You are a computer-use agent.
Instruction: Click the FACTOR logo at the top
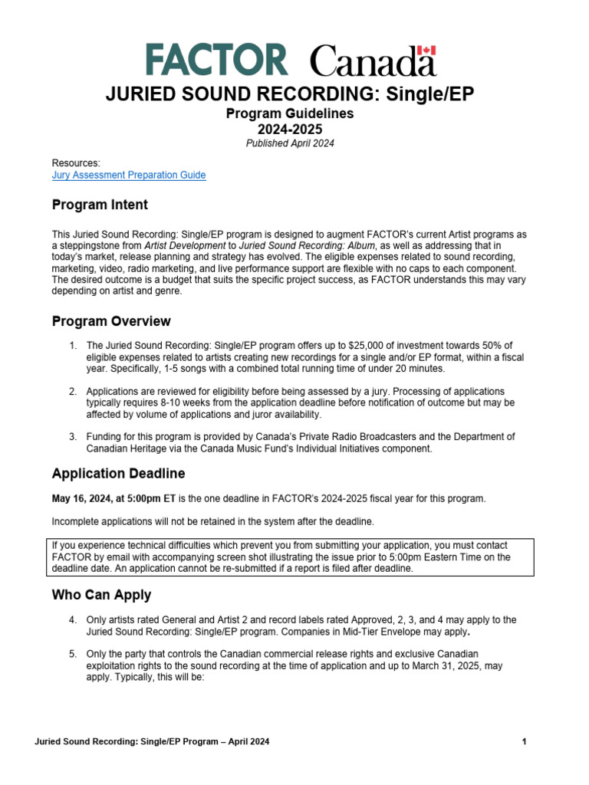pyautogui.click(x=216, y=60)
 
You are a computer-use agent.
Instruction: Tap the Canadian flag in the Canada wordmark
pyautogui.click(x=427, y=51)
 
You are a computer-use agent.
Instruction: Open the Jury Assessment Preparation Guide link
pyautogui.click(x=128, y=175)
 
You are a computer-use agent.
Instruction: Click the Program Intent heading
pyautogui.click(x=100, y=205)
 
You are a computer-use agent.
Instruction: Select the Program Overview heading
pyautogui.click(x=111, y=320)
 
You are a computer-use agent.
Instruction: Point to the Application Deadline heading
pyautogui.click(x=118, y=473)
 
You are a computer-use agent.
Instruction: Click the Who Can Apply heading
pyautogui.click(x=101, y=595)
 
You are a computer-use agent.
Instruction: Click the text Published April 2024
pyautogui.click(x=290, y=143)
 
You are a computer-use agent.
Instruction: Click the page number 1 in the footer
pyautogui.click(x=523, y=741)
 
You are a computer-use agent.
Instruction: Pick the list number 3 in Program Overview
pyautogui.click(x=73, y=436)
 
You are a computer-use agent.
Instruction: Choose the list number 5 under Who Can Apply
pyautogui.click(x=73, y=654)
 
